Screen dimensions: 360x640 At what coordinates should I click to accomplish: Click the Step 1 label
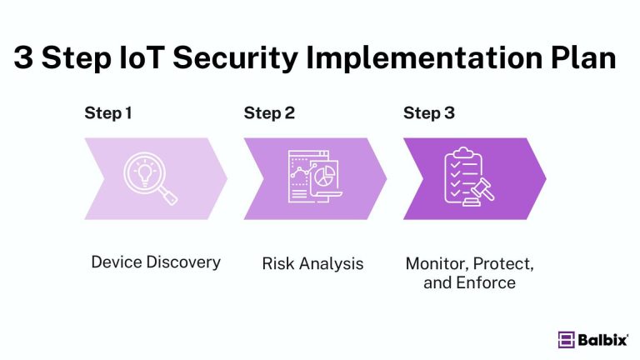tap(108, 113)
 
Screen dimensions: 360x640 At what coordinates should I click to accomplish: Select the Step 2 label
tap(269, 113)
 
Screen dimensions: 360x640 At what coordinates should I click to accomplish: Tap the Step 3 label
tap(429, 113)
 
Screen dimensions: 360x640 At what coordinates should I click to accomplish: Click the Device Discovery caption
tap(156, 262)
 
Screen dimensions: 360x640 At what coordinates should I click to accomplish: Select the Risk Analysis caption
tap(312, 264)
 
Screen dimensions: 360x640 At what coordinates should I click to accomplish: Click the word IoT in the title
tap(156, 59)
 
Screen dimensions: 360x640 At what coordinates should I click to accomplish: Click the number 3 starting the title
tap(25, 59)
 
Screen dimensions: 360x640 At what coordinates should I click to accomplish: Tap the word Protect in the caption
tap(504, 264)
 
